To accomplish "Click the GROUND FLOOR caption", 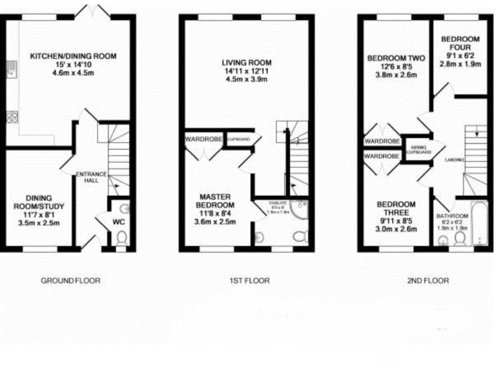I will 70,280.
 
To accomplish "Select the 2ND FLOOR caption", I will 427,280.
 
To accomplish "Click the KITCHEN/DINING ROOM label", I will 73,56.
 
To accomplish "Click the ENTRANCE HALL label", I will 87,178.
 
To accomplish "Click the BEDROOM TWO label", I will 397,58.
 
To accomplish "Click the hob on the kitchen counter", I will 11,117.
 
